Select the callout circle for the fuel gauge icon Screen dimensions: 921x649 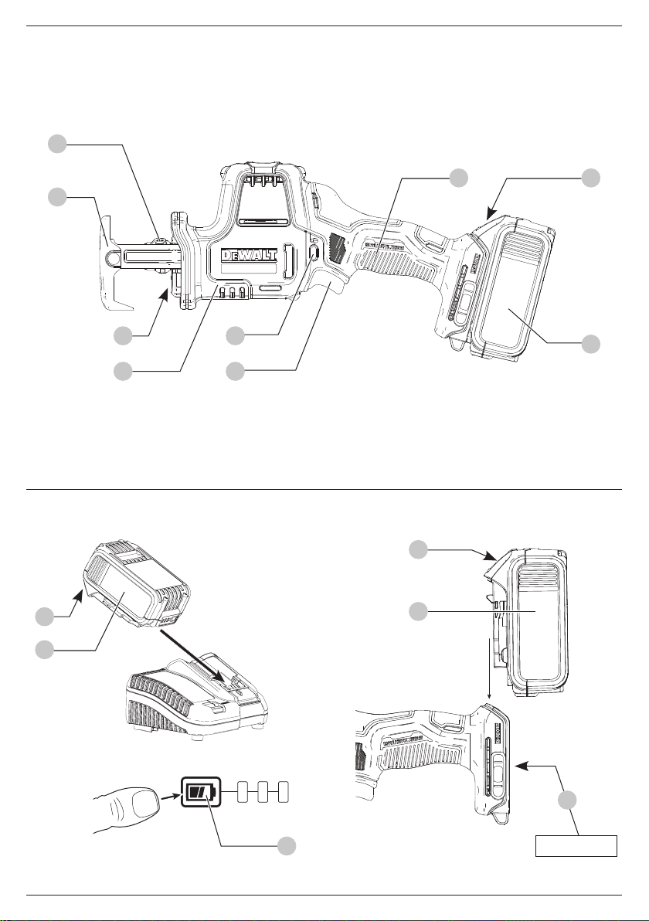(286, 845)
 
